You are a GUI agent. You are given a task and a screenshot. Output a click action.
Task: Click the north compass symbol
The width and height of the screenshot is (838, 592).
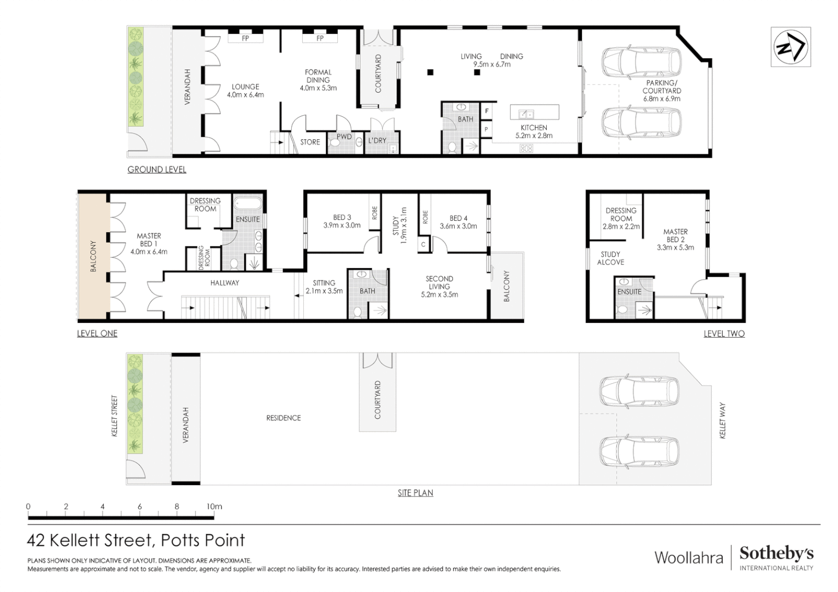pos(790,47)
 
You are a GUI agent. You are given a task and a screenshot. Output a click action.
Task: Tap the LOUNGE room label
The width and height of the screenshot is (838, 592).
pos(245,87)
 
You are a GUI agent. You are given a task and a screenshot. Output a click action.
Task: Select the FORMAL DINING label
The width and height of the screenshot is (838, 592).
pos(318,76)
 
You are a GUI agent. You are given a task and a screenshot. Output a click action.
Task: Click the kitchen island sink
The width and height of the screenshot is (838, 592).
pos(526,113)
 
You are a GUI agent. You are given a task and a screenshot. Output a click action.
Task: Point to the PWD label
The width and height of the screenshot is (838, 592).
pos(344,137)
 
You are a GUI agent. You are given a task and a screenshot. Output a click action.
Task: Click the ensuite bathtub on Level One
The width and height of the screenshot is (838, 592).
pos(247,204)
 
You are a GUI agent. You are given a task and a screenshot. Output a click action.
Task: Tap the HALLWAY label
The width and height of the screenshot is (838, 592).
pos(224,283)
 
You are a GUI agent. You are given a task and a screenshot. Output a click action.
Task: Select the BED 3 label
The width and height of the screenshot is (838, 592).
pos(342,217)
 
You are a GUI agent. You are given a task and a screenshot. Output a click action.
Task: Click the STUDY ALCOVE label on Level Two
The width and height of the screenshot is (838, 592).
pos(610,258)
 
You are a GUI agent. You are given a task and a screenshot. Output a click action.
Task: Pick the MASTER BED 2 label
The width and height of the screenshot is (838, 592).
pos(675,236)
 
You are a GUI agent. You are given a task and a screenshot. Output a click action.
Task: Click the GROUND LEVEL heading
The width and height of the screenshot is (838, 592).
pos(157,169)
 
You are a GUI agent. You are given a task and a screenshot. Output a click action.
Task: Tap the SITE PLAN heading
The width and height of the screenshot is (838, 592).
pos(415,493)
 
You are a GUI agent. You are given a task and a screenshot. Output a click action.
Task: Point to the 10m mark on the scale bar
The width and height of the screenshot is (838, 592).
pos(214,506)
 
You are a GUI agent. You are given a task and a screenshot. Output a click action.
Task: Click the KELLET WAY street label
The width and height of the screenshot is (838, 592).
pos(722,420)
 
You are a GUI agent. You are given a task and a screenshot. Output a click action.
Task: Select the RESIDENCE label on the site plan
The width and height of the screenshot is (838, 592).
pos(284,418)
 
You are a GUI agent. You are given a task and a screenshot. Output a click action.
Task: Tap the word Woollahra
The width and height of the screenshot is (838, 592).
pos(689,558)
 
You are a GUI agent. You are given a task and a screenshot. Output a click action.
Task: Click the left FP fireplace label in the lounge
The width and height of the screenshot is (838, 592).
pos(245,38)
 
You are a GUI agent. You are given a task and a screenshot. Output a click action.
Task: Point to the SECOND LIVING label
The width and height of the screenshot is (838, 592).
pos(439,283)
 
